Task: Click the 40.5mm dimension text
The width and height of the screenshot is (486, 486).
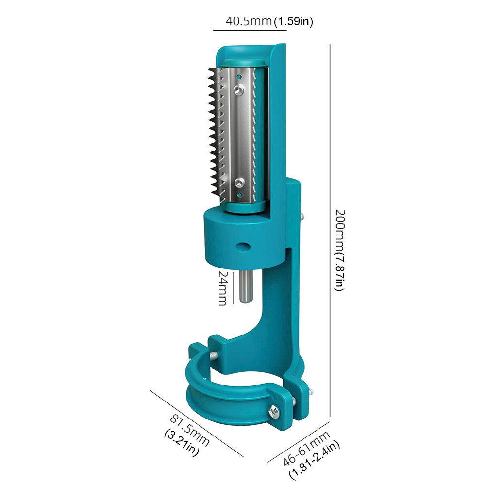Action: coord(249,21)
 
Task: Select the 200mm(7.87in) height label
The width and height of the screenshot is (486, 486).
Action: coord(339,250)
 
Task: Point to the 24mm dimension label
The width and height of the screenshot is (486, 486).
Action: coord(223,288)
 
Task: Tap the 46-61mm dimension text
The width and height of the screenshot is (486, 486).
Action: coord(306,448)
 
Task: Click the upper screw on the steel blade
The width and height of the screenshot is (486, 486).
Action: coord(239,90)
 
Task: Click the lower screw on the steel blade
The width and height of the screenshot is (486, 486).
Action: coord(239,182)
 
